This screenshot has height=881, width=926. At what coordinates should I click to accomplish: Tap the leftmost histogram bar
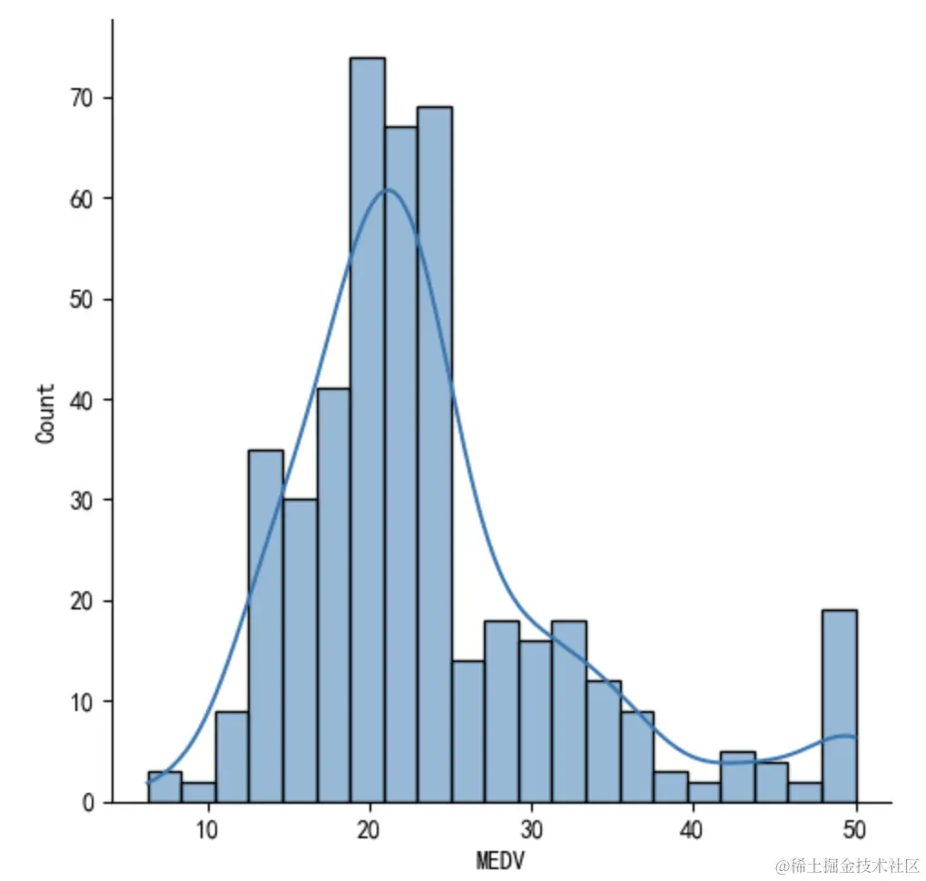point(164,787)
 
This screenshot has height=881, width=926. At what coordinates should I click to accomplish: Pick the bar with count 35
point(265,626)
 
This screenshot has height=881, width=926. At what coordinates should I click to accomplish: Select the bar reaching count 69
point(435,454)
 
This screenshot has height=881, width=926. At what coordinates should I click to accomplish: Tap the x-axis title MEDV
point(500,859)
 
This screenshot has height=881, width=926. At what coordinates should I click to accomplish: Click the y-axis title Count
point(45,413)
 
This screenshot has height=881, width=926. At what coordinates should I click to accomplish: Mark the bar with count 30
point(299,650)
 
